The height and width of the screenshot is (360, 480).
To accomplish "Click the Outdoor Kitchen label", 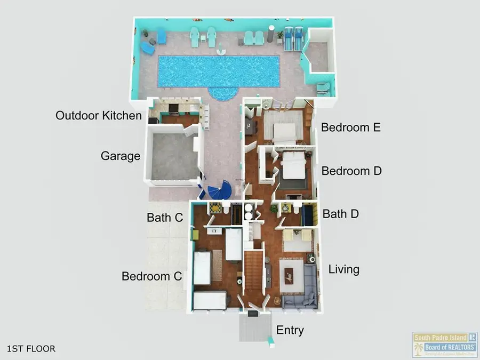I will click(x=99, y=116).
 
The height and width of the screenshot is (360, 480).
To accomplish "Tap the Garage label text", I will click(x=121, y=156).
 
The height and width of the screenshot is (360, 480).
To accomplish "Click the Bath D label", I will click(x=341, y=214).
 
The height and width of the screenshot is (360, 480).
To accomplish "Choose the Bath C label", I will click(x=165, y=218).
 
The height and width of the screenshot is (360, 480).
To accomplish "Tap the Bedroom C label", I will click(x=152, y=276).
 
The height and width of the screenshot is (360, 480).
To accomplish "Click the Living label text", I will click(x=343, y=269).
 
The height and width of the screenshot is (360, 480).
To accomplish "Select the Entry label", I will click(x=290, y=330).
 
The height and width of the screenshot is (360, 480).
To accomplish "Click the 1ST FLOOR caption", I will click(x=31, y=349).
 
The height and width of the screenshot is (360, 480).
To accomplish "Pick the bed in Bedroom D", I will click(x=294, y=168).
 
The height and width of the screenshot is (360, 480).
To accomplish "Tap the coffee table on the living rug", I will click(x=288, y=276).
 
